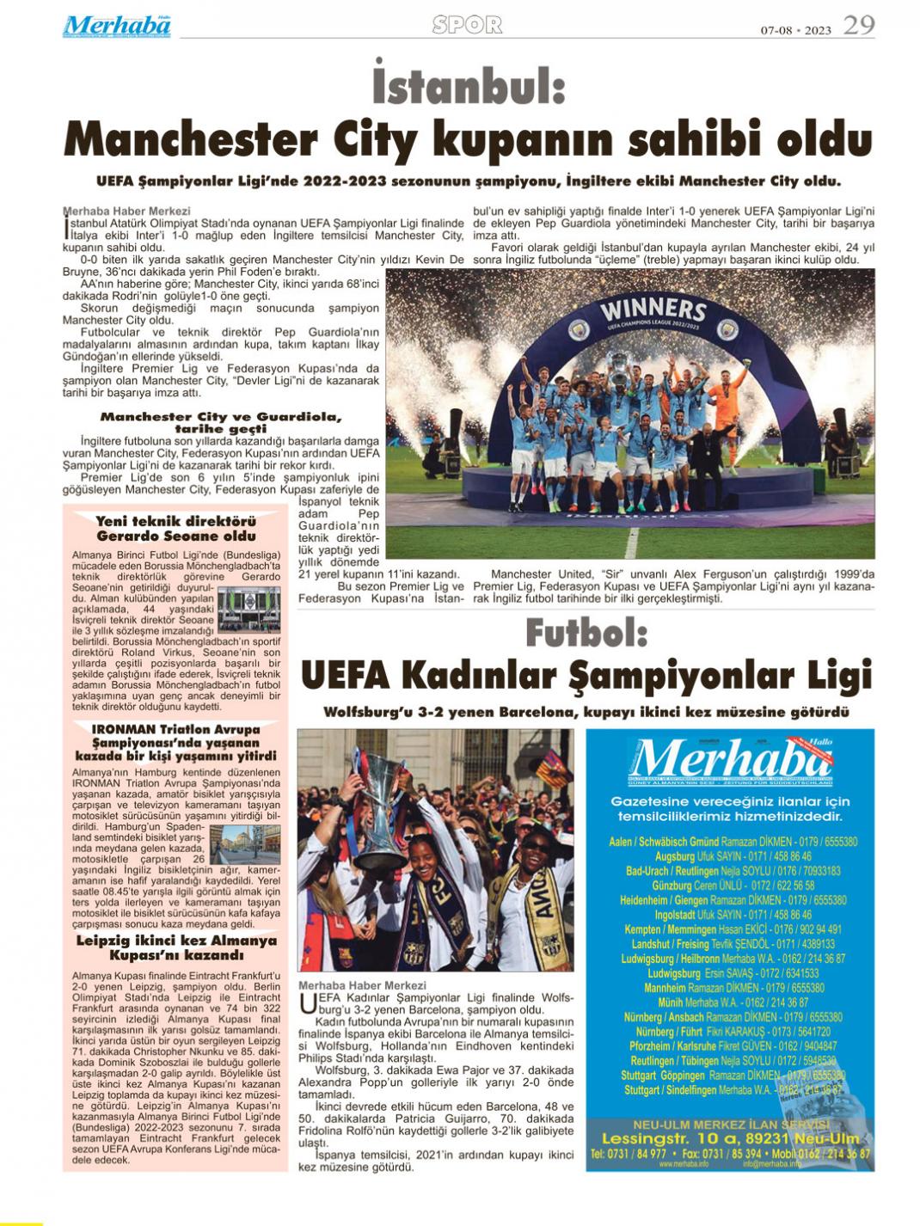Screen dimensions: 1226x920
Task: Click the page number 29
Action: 858,26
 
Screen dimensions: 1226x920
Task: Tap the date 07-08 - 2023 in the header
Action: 795,31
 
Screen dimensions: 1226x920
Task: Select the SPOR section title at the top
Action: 467,26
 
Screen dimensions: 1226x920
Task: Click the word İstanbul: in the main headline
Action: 469,88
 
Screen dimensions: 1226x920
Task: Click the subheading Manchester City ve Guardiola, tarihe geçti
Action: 221,422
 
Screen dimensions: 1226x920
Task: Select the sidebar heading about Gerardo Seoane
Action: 175,528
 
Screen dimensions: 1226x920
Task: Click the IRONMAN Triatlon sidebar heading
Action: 175,742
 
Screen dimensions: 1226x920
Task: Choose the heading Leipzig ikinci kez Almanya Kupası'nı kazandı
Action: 175,947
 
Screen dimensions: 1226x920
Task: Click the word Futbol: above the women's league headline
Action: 586,634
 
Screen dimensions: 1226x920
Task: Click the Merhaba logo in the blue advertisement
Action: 731,758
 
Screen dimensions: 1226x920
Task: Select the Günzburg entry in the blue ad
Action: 733,885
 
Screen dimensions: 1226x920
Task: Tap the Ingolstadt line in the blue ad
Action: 733,915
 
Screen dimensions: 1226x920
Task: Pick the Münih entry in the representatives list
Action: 733,1002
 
